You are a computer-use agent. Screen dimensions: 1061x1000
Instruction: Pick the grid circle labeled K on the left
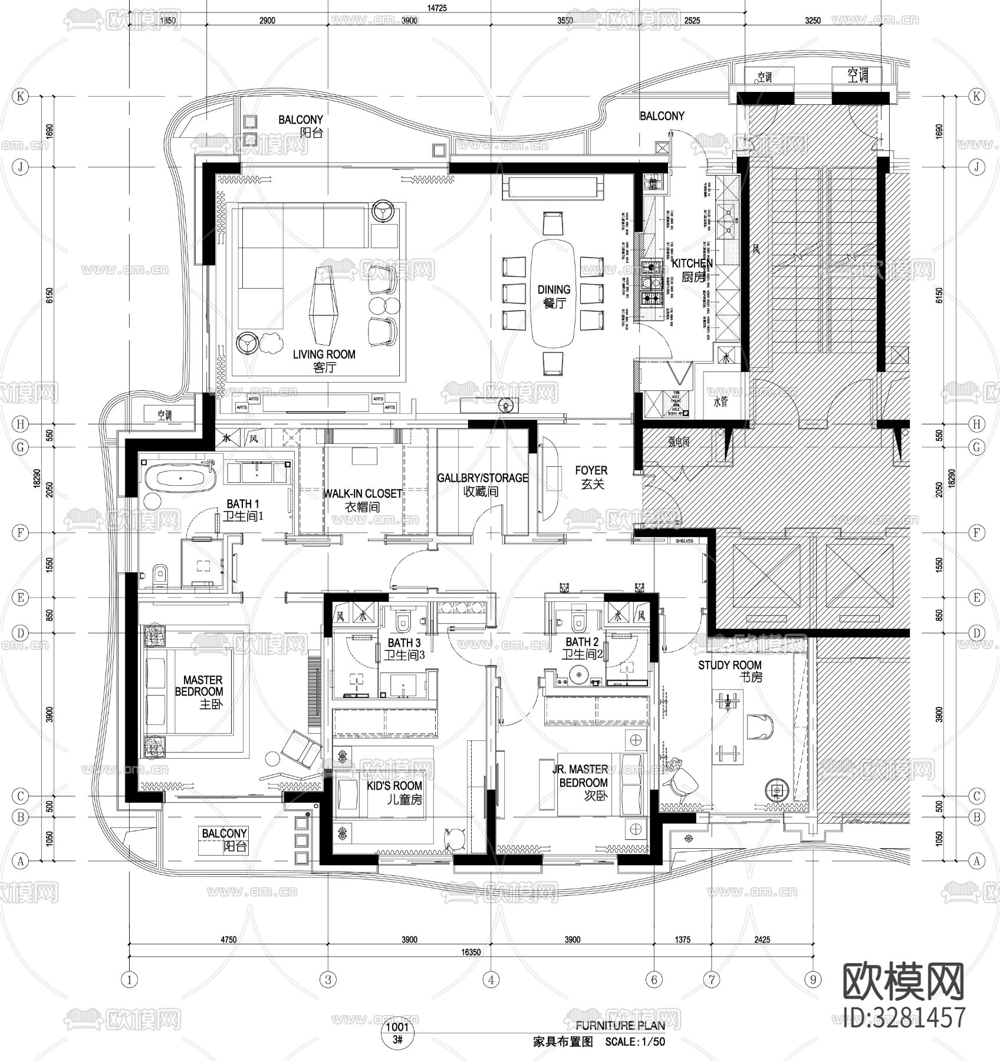21,97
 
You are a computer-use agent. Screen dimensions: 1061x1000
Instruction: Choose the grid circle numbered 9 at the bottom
813,980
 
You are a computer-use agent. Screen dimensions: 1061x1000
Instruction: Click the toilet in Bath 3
403,621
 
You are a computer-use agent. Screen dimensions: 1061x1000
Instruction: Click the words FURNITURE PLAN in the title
620,1025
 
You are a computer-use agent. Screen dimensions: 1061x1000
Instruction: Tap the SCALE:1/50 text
635,1042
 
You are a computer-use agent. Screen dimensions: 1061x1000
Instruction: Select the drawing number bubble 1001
397,1027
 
